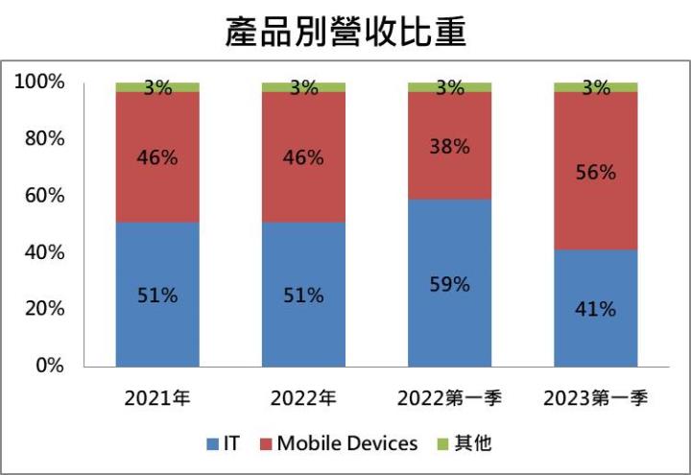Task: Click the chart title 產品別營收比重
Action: [x=345, y=32]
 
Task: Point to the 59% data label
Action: [x=450, y=285]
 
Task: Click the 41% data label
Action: [x=596, y=309]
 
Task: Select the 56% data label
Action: [x=596, y=173]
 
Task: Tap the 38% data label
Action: [x=450, y=147]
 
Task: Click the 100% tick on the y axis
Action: [x=41, y=83]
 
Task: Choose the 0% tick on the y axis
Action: [x=51, y=366]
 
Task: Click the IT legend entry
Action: [x=224, y=443]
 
